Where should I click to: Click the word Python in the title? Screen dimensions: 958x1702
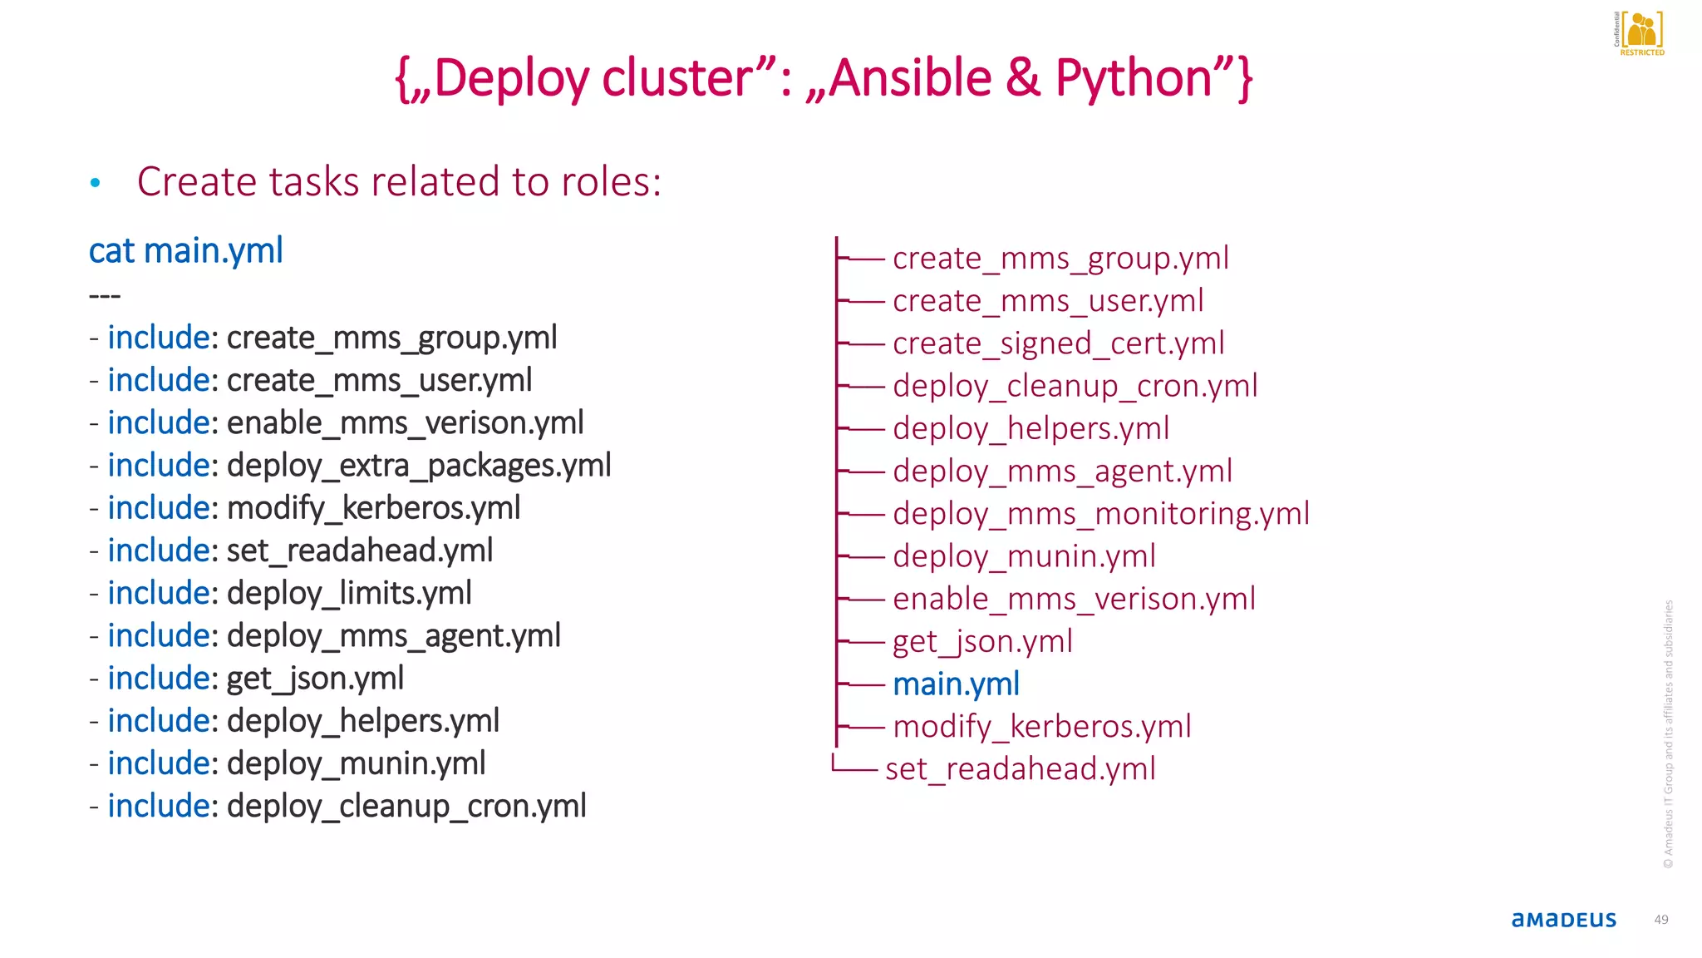click(x=1134, y=79)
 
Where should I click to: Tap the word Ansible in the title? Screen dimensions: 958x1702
click(x=909, y=79)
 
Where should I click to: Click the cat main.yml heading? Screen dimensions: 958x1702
click(x=186, y=251)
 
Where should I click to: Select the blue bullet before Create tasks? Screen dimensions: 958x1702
click(x=96, y=183)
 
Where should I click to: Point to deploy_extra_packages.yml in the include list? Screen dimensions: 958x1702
click(x=419, y=466)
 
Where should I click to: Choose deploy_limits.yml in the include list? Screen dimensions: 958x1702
click(x=349, y=594)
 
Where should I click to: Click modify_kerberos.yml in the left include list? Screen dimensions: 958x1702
click(x=373, y=508)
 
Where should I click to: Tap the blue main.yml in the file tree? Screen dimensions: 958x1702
click(x=956, y=684)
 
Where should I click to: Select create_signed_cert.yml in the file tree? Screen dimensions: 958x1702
click(x=1058, y=343)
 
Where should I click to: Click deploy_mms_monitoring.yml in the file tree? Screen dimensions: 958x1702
click(x=1100, y=514)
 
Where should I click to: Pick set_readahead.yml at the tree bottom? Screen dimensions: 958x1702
click(x=1020, y=769)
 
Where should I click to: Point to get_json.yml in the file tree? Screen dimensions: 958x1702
click(x=982, y=642)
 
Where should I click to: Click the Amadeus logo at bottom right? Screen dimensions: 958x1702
click(x=1563, y=920)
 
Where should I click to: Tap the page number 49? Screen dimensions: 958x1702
click(x=1660, y=920)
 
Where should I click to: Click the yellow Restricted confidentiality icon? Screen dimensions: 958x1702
click(x=1641, y=32)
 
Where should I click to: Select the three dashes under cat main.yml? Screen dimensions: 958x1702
click(x=105, y=296)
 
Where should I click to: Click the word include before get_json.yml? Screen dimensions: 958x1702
click(x=161, y=679)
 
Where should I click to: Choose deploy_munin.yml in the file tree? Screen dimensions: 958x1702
click(x=1024, y=556)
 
